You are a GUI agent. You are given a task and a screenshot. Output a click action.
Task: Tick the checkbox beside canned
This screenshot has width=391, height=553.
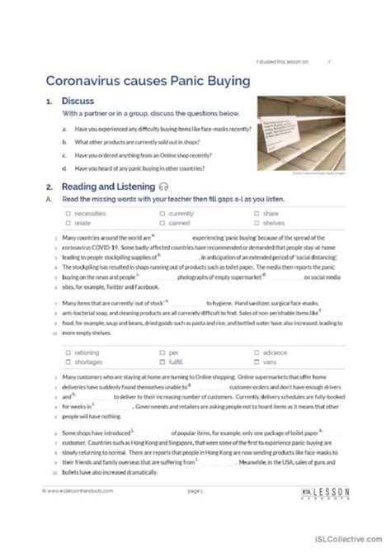point(162,222)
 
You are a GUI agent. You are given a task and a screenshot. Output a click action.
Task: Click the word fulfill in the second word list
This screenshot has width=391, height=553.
point(179,362)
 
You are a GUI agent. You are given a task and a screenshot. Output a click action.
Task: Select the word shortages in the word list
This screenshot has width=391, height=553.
point(87,362)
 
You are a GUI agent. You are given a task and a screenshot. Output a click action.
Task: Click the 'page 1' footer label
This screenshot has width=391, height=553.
point(195,513)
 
